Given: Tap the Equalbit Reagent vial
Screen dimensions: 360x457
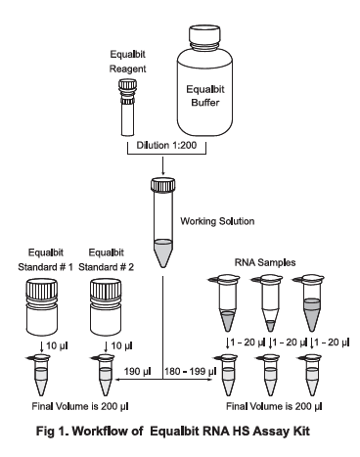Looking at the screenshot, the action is point(127,108).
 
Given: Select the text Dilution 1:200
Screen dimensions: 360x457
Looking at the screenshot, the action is point(166,145).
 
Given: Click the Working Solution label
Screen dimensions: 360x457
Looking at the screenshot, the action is point(217,221).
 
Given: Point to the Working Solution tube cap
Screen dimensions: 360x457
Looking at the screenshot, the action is point(162,184).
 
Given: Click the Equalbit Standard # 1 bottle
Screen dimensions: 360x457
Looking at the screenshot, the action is point(42,306).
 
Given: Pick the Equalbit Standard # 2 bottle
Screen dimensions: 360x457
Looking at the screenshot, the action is point(106,306).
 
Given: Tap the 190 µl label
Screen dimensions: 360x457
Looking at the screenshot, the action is point(137,371).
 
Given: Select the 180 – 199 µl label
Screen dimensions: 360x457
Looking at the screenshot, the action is point(191,371).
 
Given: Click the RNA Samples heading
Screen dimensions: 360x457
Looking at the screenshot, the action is point(265,262).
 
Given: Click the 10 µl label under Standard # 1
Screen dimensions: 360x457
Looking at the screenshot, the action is point(57,345).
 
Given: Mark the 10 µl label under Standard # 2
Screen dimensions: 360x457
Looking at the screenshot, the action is point(121,345).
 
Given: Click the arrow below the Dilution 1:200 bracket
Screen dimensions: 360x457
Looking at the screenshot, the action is point(162,165).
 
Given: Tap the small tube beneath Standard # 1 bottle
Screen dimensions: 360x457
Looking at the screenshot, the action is point(40,375).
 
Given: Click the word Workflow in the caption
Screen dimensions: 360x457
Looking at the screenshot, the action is point(108,432).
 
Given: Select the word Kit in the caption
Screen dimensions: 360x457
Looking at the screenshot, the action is point(300,432).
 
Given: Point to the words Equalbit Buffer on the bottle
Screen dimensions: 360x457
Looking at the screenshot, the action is point(205,96).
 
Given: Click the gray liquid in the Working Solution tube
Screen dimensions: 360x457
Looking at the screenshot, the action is point(162,252).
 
